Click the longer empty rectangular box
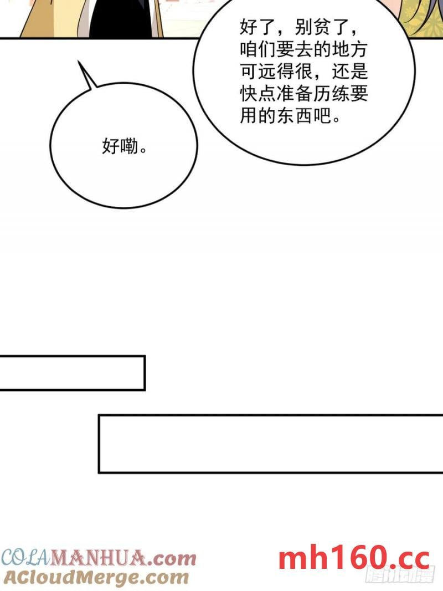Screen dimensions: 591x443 tap(270, 444)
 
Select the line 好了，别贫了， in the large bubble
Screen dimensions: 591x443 tap(303, 26)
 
